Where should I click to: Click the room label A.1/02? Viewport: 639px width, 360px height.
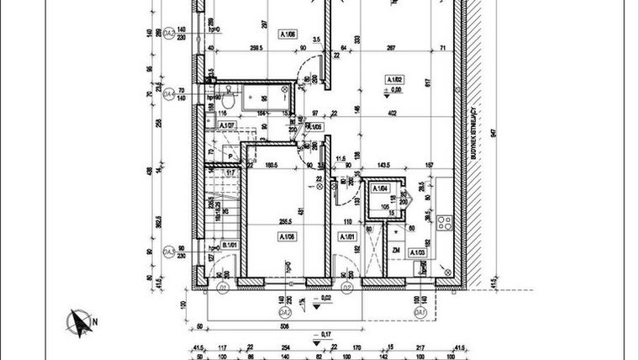pyautogui.click(x=395, y=80)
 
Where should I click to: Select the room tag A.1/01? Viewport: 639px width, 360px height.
pyautogui.click(x=346, y=236)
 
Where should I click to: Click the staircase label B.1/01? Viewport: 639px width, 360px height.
pyautogui.click(x=226, y=246)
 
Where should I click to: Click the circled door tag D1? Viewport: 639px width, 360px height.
pyautogui.click(x=224, y=288)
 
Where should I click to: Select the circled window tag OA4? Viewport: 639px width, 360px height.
pyautogui.click(x=169, y=93)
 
